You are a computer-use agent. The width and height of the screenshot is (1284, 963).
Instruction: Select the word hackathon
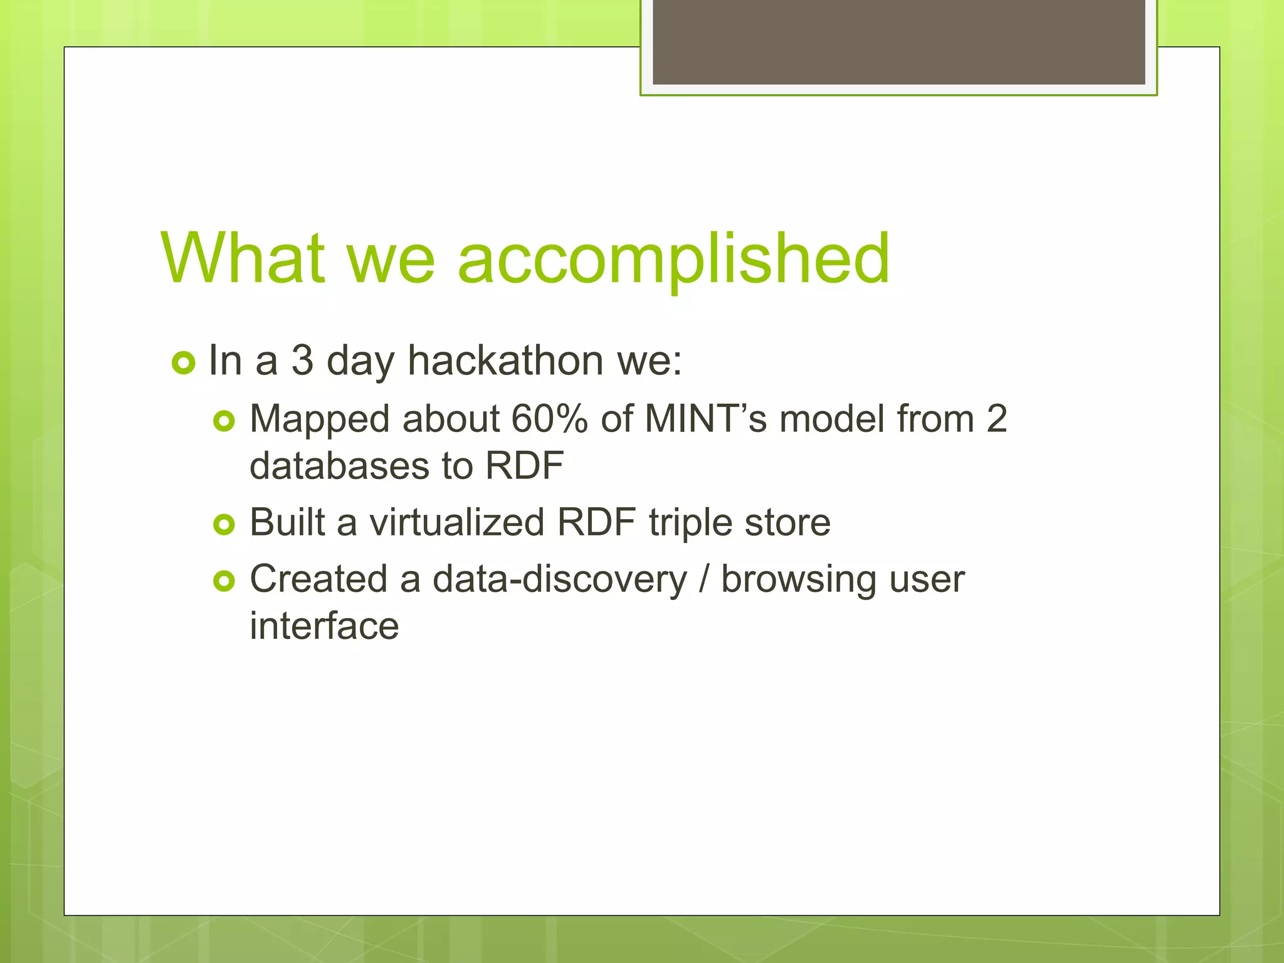pos(505,361)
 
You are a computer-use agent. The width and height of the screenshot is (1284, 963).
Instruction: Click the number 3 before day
pos(302,361)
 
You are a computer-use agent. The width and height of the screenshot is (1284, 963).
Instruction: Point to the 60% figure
pos(549,419)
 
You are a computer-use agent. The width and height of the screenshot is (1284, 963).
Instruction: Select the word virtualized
pos(457,522)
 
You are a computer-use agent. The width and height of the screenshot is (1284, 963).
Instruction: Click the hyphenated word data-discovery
pos(560,579)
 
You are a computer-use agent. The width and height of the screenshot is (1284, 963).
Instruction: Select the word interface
pos(324,626)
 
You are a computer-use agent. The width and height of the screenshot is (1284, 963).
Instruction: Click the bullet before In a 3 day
pos(183,363)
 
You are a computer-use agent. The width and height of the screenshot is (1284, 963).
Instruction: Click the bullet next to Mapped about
pos(224,421)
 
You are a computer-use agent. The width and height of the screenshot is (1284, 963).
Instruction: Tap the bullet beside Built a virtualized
pos(224,524)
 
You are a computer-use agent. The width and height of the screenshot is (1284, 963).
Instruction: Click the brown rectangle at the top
pos(898,41)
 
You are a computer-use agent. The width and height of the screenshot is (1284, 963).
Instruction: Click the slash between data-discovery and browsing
pos(703,579)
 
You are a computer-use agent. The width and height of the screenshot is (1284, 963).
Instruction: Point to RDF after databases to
pos(524,466)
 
